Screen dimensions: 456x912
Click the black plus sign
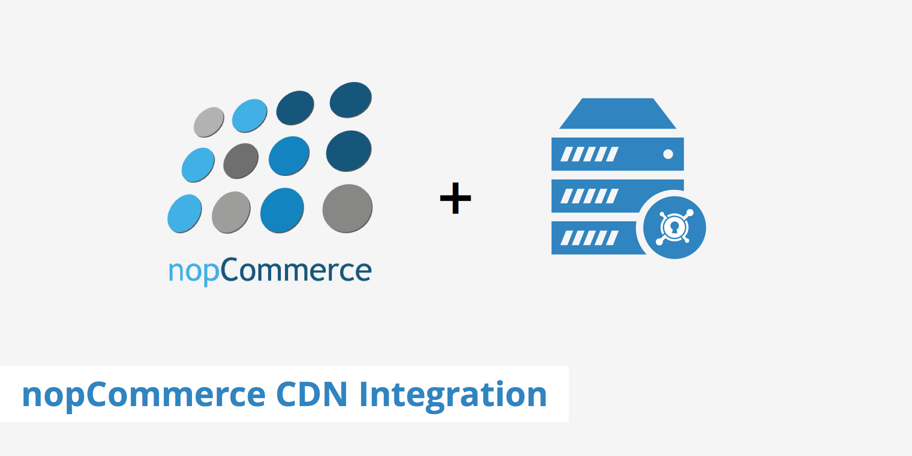[455, 198]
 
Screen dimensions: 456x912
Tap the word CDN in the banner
[311, 394]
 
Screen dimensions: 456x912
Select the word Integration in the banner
[453, 395]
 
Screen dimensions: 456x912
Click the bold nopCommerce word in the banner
[144, 395]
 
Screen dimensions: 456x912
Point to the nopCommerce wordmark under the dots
[270, 271]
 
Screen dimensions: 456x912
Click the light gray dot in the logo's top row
[209, 122]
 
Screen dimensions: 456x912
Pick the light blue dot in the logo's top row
[249, 116]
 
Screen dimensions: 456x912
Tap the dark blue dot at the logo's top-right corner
[350, 100]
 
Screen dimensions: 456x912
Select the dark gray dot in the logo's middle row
[240, 161]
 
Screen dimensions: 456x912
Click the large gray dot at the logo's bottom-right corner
[347, 208]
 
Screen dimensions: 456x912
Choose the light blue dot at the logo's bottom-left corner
[184, 213]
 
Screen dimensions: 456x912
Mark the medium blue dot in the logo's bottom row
[282, 210]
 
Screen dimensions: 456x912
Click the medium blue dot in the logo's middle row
[289, 156]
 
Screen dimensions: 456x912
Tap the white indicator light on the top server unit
[668, 154]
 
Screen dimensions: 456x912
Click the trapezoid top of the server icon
[618, 114]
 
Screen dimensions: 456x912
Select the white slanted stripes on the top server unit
[589, 154]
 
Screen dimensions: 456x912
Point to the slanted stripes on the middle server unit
[589, 196]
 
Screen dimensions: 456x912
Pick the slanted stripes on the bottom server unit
[589, 238]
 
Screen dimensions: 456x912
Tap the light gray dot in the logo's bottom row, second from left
[231, 212]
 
